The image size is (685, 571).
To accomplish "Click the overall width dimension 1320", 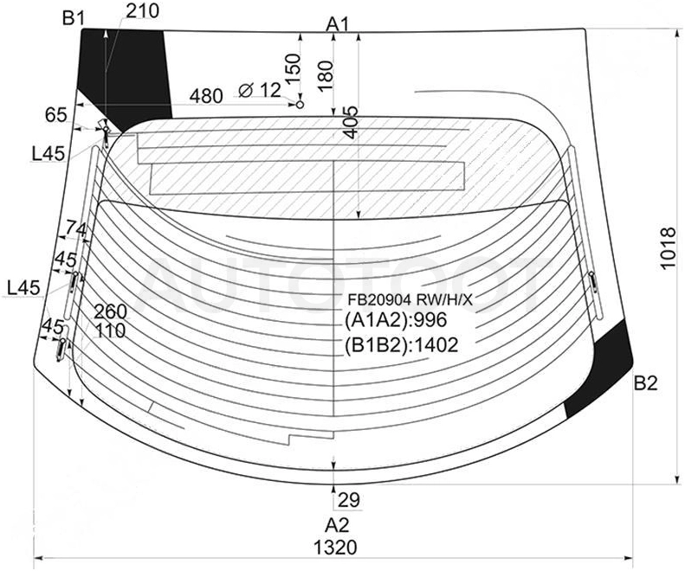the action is tap(335, 547).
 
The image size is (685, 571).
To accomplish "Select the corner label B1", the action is tap(74, 18).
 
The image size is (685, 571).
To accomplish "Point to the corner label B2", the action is tap(646, 383).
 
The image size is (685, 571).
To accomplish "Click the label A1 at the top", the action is tap(338, 25).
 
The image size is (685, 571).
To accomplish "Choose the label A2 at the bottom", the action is tap(337, 525).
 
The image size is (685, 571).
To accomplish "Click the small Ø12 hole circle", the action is tap(300, 105).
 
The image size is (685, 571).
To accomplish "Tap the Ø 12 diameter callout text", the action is tap(260, 90).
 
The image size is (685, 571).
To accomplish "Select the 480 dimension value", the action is tap(206, 96).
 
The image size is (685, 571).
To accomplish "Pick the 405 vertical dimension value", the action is tap(352, 122).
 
